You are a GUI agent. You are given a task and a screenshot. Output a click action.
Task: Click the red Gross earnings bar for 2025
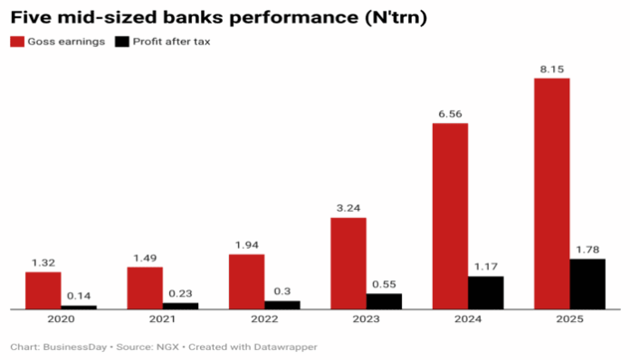point(551,194)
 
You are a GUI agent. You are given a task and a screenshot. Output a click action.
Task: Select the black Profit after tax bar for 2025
point(587,284)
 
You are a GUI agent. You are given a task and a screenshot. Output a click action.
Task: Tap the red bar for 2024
point(450,216)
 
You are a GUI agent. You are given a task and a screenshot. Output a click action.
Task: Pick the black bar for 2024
point(485,292)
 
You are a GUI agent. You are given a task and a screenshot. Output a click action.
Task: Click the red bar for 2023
point(348,263)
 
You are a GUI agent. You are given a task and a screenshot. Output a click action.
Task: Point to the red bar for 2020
point(43,290)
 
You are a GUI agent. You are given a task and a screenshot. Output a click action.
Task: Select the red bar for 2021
point(145,288)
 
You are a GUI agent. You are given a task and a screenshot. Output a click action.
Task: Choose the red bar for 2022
point(246,281)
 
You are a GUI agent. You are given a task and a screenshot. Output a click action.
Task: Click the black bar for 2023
point(384,301)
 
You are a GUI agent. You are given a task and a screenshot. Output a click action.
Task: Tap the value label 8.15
point(551,69)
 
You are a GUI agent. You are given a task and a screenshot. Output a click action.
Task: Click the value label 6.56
point(450,114)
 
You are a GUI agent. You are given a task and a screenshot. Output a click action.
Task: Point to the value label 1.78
point(587,250)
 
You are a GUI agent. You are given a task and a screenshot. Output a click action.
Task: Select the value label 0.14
point(79,296)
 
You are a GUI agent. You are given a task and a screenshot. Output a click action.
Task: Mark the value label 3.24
point(348,208)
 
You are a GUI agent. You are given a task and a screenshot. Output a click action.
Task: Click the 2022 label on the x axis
point(264,320)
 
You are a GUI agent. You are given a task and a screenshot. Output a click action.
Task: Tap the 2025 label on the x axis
point(569,320)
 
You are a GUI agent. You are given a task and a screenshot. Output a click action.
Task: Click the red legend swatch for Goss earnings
point(16,42)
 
